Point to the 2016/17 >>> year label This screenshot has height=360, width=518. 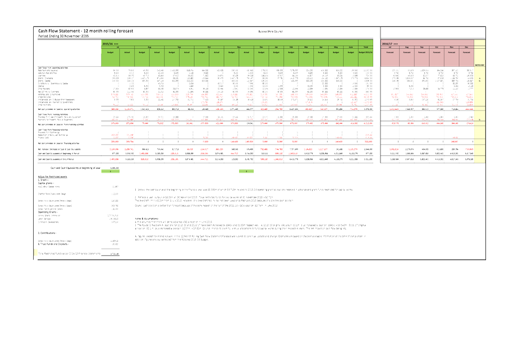390,43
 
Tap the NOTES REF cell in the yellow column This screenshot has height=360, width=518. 479,65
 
